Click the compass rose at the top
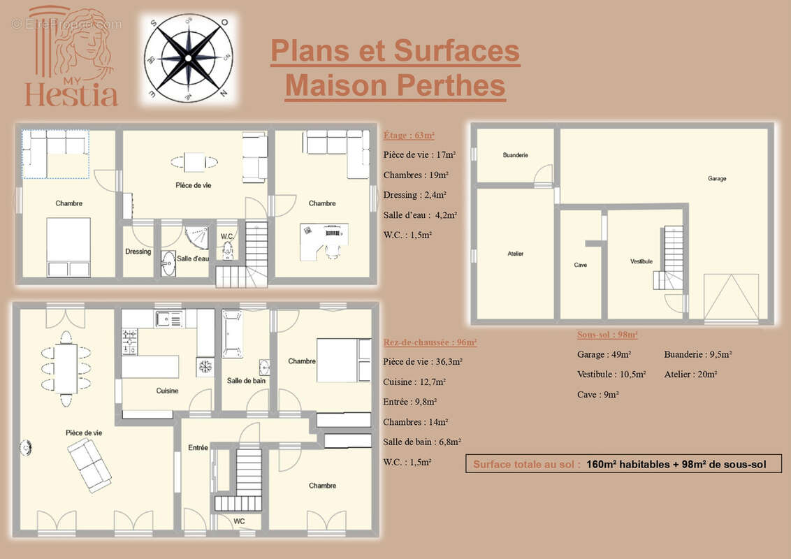(x=188, y=59)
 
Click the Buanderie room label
(x=515, y=154)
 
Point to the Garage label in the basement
(x=717, y=178)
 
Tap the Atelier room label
(x=516, y=254)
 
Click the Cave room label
(x=581, y=265)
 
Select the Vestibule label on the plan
(x=641, y=261)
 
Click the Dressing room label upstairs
(x=138, y=252)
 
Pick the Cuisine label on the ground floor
(x=167, y=391)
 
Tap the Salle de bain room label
(x=245, y=381)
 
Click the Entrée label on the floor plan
(x=198, y=447)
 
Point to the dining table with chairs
(x=66, y=368)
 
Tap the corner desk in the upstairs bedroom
(x=324, y=241)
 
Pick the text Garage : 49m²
(x=604, y=354)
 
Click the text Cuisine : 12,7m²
(x=414, y=382)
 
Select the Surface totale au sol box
(x=623, y=464)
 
